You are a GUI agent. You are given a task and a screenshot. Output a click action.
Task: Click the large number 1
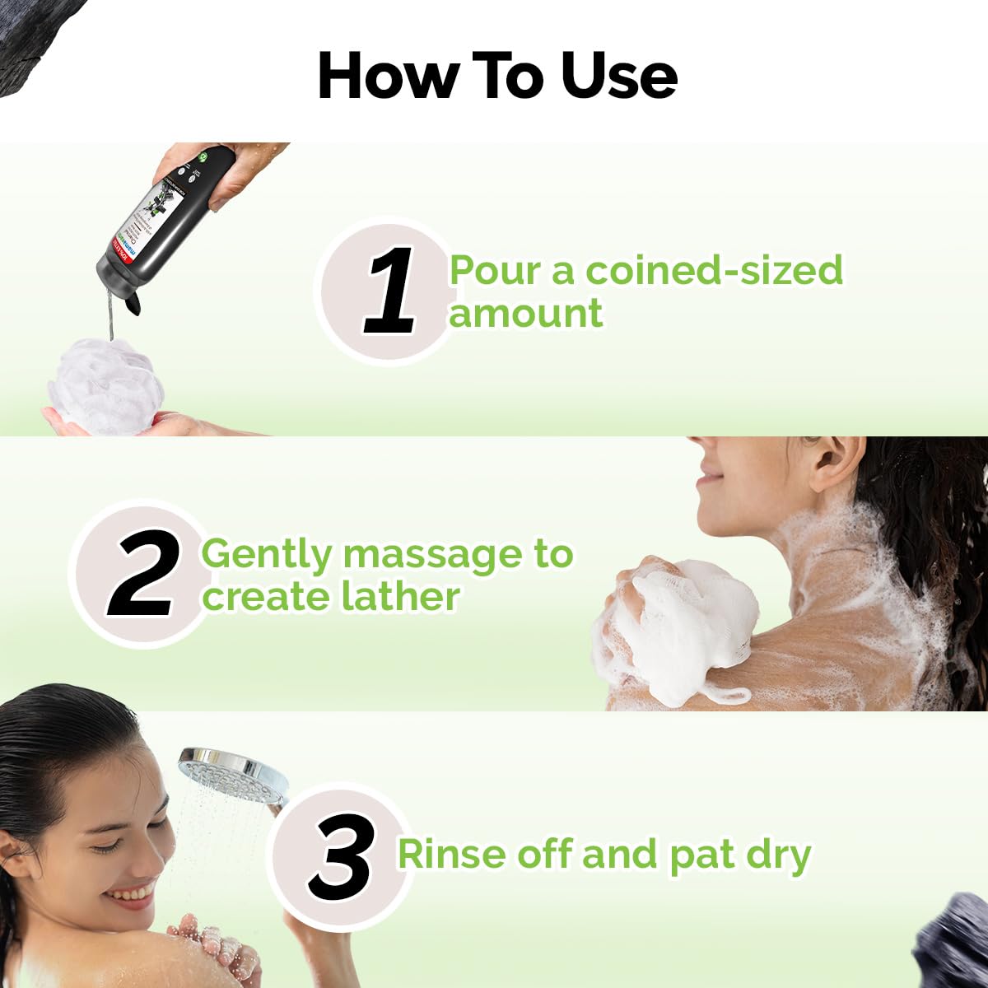(x=390, y=292)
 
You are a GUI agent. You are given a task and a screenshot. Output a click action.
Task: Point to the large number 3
(x=341, y=857)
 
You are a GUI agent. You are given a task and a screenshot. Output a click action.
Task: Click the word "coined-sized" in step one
(x=714, y=271)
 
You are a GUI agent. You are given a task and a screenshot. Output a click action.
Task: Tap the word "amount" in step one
(x=525, y=314)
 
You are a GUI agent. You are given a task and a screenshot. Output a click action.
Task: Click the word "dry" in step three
(x=778, y=855)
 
